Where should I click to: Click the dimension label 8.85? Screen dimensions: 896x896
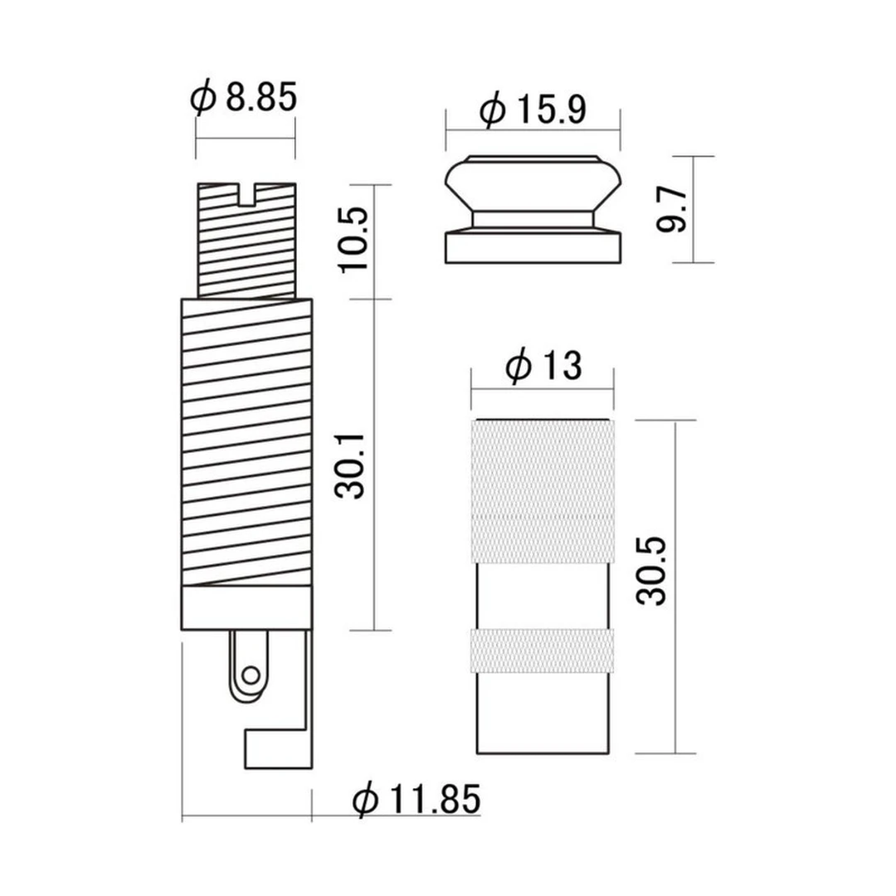pyautogui.click(x=261, y=97)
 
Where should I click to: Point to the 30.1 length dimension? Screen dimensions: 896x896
pyautogui.click(x=350, y=465)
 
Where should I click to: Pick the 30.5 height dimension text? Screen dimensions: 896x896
pyautogui.click(x=651, y=570)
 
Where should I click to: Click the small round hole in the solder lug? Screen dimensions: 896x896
pyautogui.click(x=251, y=675)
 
